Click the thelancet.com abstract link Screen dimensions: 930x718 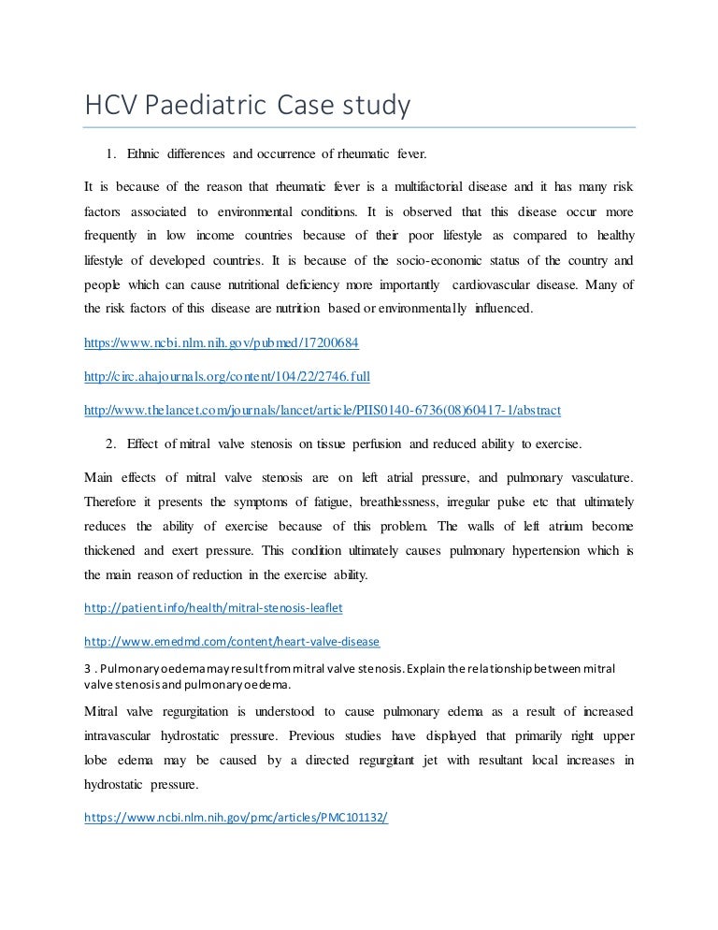coord(323,410)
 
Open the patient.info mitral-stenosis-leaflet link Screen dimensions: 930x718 coord(213,608)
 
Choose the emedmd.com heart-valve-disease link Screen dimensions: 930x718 coord(231,642)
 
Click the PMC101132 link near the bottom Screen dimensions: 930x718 coord(236,817)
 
